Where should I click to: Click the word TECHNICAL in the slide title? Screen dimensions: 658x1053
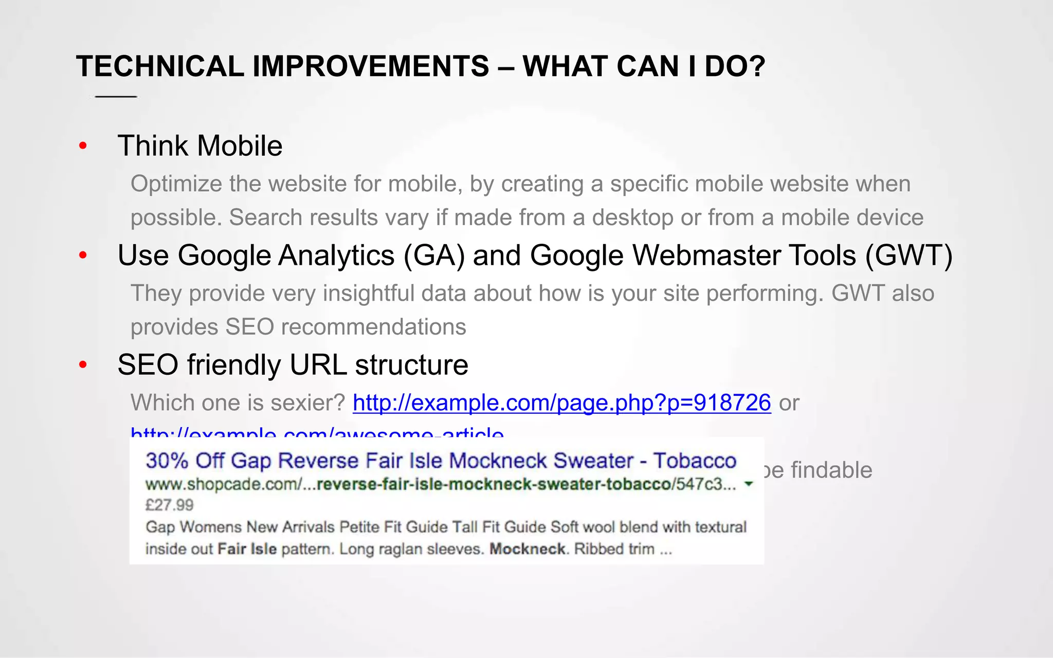pyautogui.click(x=160, y=66)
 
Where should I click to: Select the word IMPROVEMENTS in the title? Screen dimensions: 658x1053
pyautogui.click(x=370, y=66)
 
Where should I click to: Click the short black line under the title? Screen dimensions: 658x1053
pyautogui.click(x=116, y=97)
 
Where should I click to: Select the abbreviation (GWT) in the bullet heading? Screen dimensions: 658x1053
pyautogui.click(x=909, y=255)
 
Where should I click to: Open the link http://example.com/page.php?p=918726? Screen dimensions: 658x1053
pyautogui.click(x=561, y=403)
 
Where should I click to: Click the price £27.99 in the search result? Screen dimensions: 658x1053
pyautogui.click(x=169, y=505)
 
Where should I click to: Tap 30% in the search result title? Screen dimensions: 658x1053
pyautogui.click(x=167, y=461)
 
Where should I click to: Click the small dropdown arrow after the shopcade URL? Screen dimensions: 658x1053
pyautogui.click(x=749, y=484)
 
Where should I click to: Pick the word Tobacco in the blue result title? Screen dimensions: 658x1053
pyautogui.click(x=695, y=461)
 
